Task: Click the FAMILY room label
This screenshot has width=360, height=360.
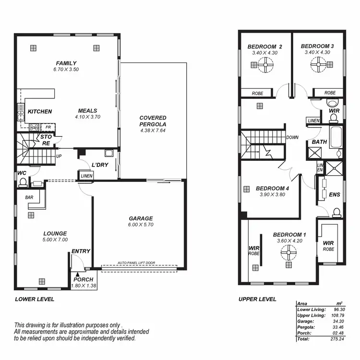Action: point(66,63)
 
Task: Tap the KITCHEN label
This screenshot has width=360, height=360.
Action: point(40,111)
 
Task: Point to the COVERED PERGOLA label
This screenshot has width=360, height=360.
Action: point(153,121)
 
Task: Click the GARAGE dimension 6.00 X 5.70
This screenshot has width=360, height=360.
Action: point(140,225)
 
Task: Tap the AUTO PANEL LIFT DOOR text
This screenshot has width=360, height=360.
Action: point(139,263)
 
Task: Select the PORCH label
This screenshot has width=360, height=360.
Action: point(84,279)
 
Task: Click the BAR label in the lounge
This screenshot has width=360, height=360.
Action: point(28,197)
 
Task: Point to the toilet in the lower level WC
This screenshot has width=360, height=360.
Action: point(22,182)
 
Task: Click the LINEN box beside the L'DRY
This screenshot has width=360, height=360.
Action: point(86,176)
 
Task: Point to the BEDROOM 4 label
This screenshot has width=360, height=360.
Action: point(273,188)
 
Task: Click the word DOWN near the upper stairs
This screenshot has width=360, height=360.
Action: point(292,137)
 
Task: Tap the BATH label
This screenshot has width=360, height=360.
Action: point(319,142)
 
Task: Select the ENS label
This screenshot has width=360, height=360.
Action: point(334,195)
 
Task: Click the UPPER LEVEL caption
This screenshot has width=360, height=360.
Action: point(257,299)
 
